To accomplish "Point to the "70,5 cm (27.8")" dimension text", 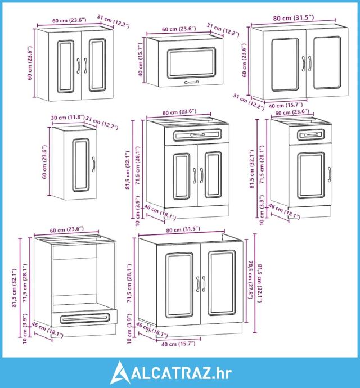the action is (x=250, y=279).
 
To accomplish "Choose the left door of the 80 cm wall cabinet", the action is (x=285, y=65).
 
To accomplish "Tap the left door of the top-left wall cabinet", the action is (x=63, y=66).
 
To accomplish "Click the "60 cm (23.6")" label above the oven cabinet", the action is (x=66, y=229).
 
